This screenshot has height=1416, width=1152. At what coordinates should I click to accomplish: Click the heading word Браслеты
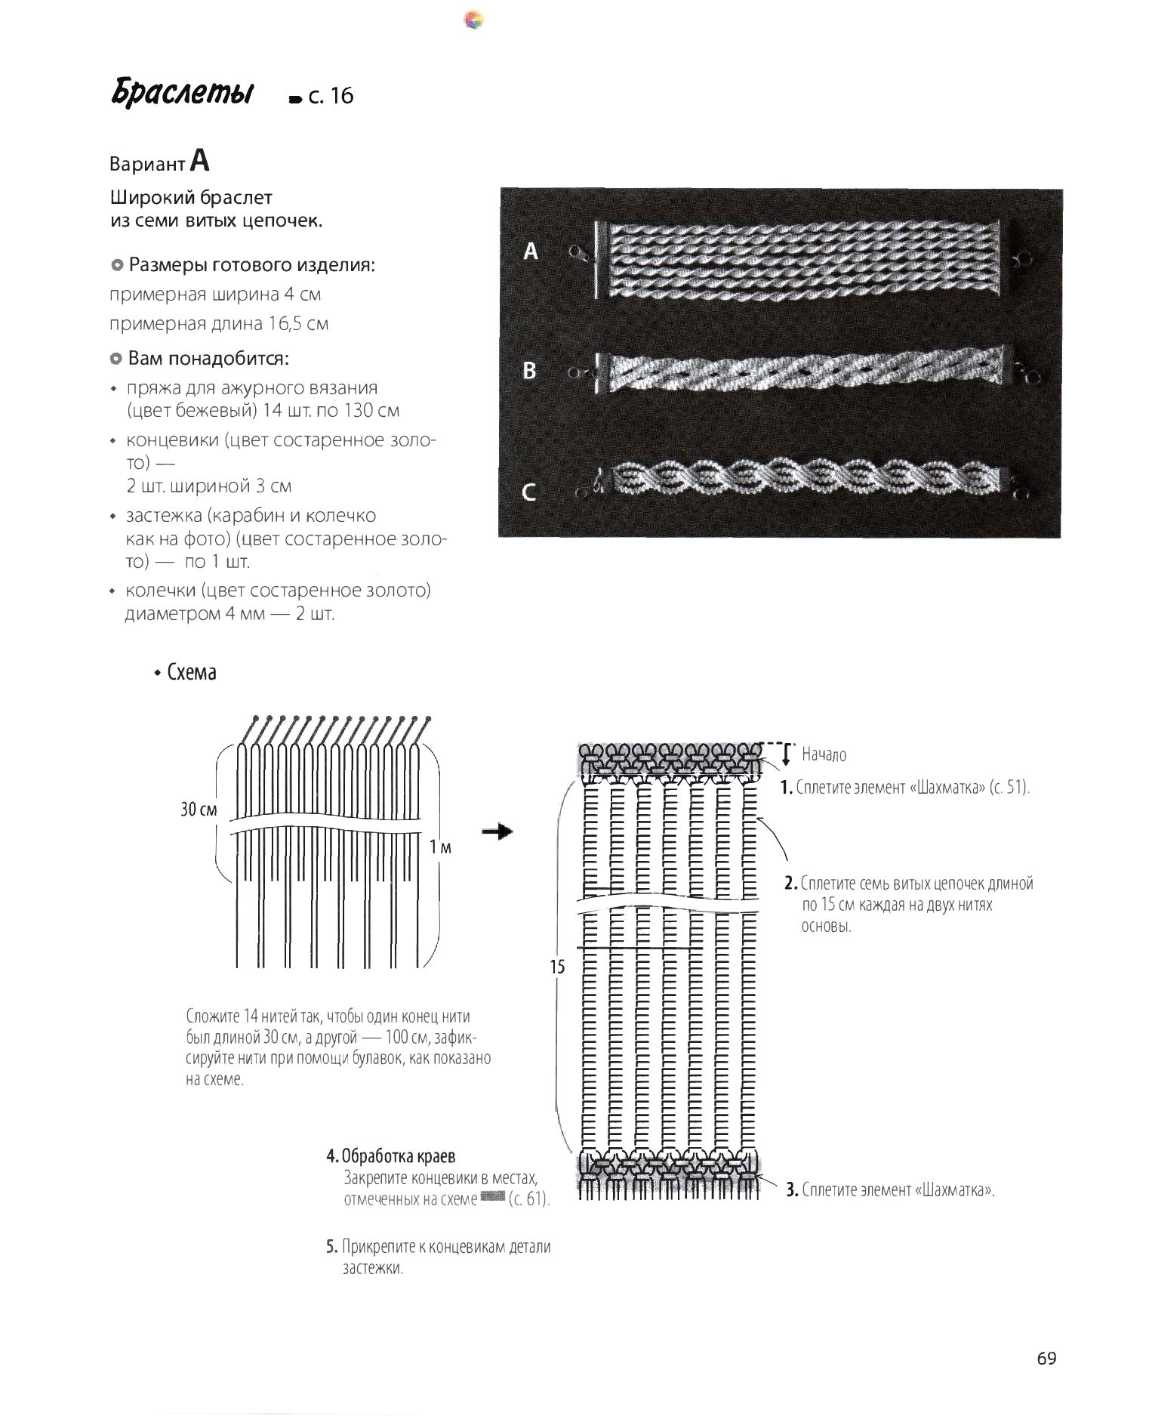tap(182, 93)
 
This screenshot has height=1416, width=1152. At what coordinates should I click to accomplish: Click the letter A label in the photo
tap(531, 251)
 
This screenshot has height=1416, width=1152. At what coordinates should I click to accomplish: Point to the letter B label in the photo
tap(530, 371)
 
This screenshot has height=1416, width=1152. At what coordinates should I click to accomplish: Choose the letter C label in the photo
tap(530, 492)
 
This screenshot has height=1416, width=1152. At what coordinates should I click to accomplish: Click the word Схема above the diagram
tap(192, 672)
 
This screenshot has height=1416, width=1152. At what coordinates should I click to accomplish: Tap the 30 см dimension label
tap(199, 810)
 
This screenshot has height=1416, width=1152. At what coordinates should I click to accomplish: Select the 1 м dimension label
tap(440, 847)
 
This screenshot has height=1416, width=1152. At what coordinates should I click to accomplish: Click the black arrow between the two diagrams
tap(497, 831)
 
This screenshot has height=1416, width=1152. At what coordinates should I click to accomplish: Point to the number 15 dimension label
tap(557, 966)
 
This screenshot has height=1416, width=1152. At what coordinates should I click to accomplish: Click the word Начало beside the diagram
tap(824, 754)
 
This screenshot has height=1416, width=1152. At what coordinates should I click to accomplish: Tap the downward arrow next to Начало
tap(786, 754)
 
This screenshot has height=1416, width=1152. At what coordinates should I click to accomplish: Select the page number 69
tap(1046, 1358)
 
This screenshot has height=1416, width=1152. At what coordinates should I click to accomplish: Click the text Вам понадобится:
tap(208, 357)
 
